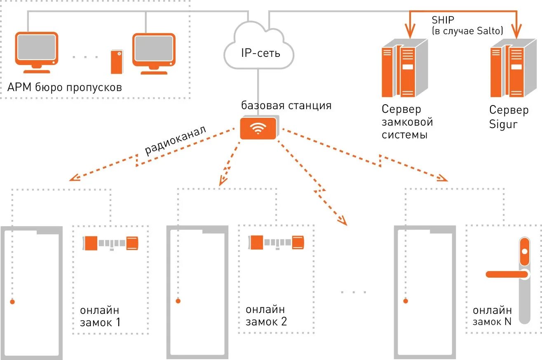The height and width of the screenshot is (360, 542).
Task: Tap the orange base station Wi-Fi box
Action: (258, 128)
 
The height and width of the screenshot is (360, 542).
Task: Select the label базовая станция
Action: (286, 105)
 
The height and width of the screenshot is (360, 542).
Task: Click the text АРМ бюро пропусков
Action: (65, 87)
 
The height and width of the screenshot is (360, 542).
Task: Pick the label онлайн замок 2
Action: (266, 316)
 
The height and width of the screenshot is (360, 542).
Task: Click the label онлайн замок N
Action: (492, 316)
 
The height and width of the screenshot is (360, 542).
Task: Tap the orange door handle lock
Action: (515, 274)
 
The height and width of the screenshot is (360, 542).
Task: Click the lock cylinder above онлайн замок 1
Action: (110, 243)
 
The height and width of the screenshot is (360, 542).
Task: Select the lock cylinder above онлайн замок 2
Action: (276, 242)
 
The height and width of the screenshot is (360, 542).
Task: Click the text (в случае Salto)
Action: (467, 30)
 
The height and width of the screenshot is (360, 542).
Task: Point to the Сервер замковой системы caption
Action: (407, 122)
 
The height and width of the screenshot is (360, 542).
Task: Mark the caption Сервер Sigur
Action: (509, 117)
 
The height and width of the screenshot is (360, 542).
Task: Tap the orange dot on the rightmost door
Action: (406, 301)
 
